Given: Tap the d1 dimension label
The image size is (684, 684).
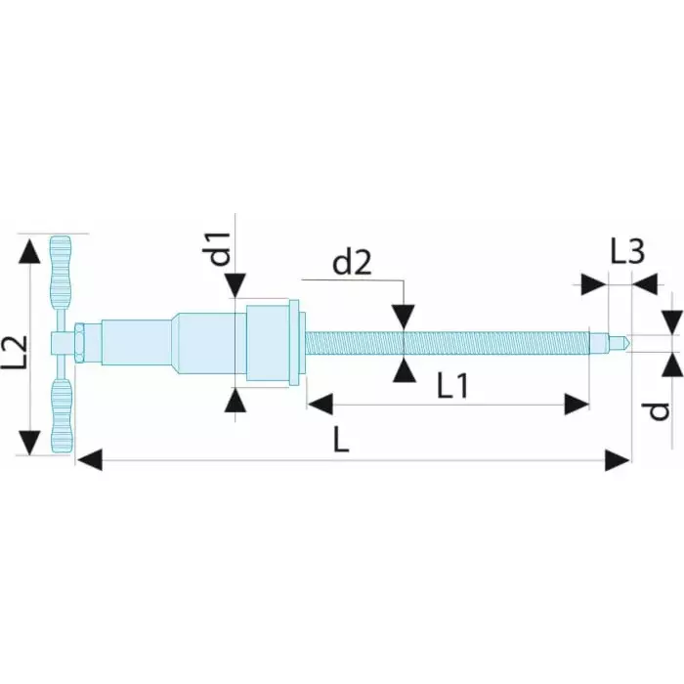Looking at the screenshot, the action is click(x=220, y=249).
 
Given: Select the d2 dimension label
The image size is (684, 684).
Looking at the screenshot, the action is click(x=352, y=263).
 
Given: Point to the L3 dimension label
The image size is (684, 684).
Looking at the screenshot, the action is click(x=627, y=252).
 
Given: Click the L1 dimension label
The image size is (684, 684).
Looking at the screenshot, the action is click(x=452, y=386).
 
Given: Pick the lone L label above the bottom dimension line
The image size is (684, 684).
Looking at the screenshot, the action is click(x=341, y=439).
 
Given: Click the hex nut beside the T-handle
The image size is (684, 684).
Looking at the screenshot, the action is click(x=79, y=342).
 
